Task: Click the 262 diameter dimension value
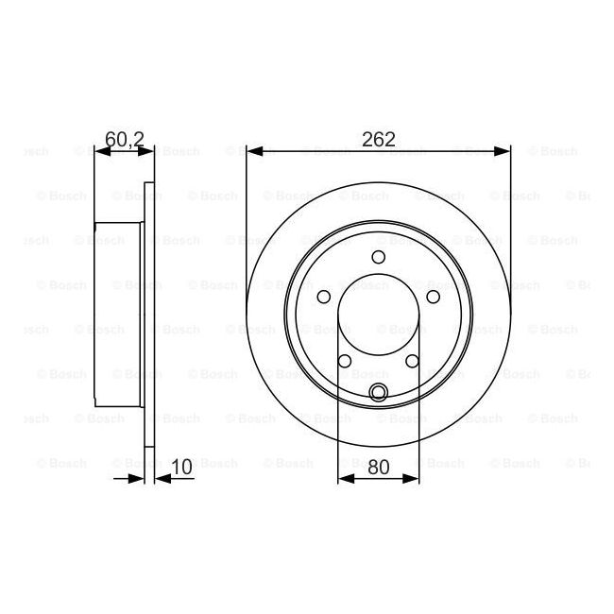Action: (x=379, y=139)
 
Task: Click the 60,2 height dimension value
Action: (x=125, y=139)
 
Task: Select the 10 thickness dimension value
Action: (x=182, y=467)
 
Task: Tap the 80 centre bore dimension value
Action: (x=379, y=467)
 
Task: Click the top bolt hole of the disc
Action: (x=378, y=257)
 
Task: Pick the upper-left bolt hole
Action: (x=324, y=297)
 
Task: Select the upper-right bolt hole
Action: (x=433, y=297)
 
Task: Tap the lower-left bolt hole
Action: (x=345, y=361)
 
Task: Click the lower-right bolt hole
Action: (x=413, y=361)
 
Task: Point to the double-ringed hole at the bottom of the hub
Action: (x=379, y=392)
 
